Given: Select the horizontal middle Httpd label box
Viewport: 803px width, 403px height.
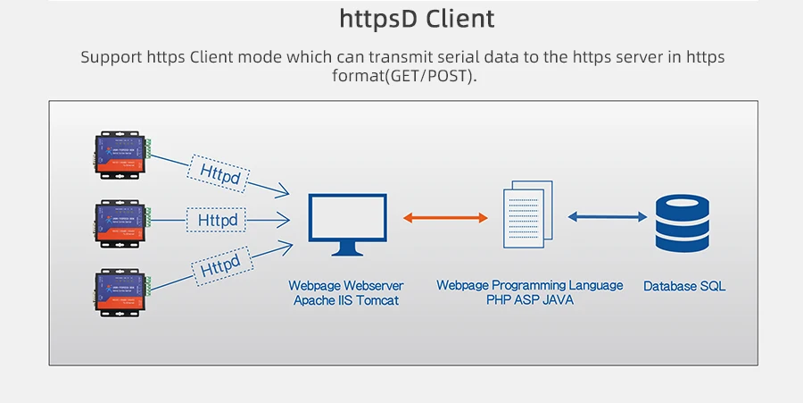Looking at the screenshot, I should [218, 219].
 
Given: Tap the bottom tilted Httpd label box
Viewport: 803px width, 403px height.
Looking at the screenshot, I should [219, 265].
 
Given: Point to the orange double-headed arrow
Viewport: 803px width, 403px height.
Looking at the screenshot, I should [445, 217].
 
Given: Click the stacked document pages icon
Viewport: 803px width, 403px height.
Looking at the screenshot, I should [528, 214].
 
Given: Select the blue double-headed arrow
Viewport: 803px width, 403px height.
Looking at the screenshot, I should [607, 216].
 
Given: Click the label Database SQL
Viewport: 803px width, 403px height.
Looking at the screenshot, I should [684, 287].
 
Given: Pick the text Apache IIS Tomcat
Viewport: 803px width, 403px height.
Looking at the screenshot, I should [346, 301].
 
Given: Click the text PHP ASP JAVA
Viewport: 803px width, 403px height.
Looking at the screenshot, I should [530, 300].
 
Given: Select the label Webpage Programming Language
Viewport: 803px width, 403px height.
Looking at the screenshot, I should [530, 285].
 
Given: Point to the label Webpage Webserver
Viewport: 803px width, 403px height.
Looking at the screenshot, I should [346, 286].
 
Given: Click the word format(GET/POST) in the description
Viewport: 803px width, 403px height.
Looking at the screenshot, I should [402, 76].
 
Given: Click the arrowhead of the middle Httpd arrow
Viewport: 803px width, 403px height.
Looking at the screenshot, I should [284, 218].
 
